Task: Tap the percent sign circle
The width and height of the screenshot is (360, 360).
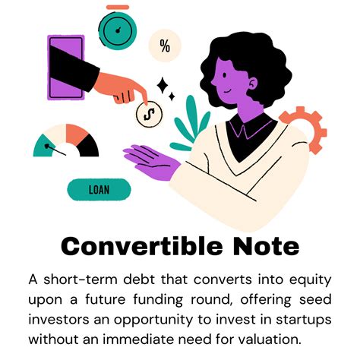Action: tap(165, 46)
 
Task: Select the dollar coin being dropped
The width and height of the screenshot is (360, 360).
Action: tap(149, 115)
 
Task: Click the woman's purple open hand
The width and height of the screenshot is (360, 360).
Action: tap(155, 162)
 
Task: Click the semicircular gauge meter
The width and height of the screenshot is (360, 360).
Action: tap(68, 142)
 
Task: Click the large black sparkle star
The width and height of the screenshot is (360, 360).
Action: tap(162, 86)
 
